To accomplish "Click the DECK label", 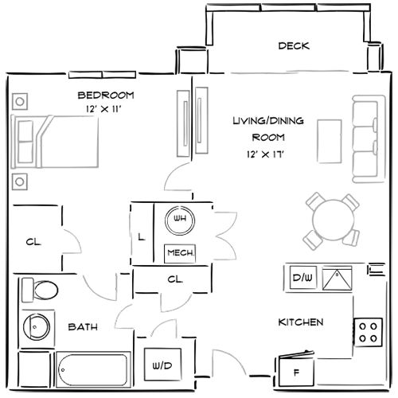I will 293,46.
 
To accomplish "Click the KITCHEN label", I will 300,322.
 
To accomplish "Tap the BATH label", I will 83,327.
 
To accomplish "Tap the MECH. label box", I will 179,253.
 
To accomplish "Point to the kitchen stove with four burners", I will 368,330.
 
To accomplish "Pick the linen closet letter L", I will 141,236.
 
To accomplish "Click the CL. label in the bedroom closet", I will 33,242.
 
